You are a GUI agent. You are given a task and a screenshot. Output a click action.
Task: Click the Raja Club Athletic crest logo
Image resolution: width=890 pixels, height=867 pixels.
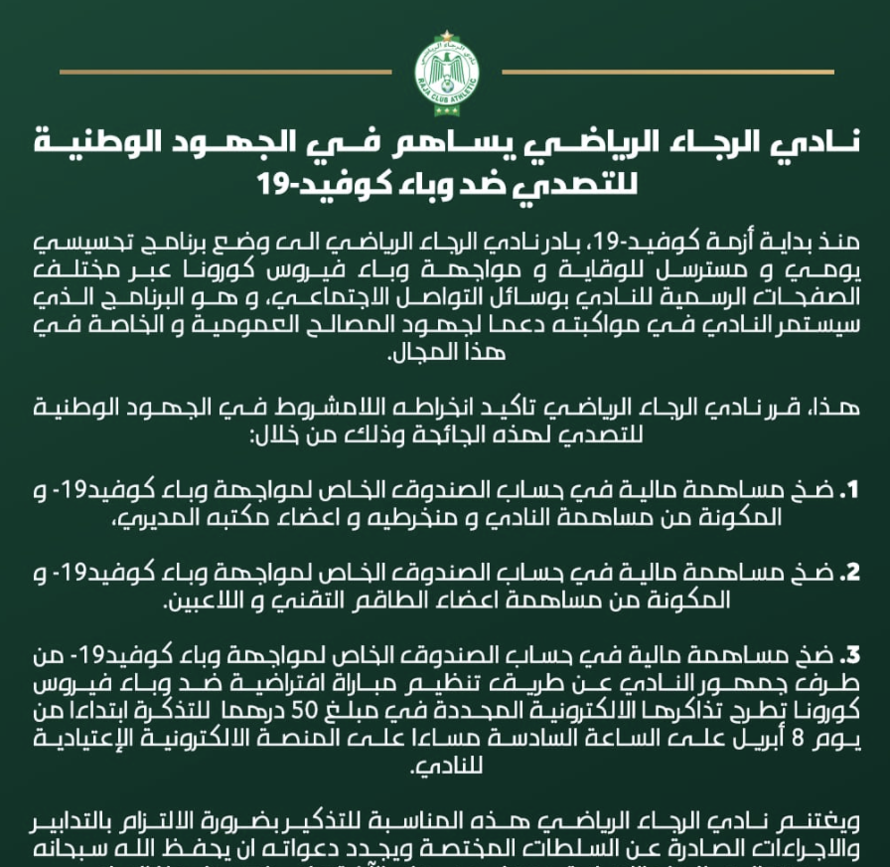446,69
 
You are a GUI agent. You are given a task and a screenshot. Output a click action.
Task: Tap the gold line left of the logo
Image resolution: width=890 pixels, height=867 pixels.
225,72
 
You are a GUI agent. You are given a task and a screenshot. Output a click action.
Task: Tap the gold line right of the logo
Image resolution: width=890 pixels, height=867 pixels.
666,72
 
